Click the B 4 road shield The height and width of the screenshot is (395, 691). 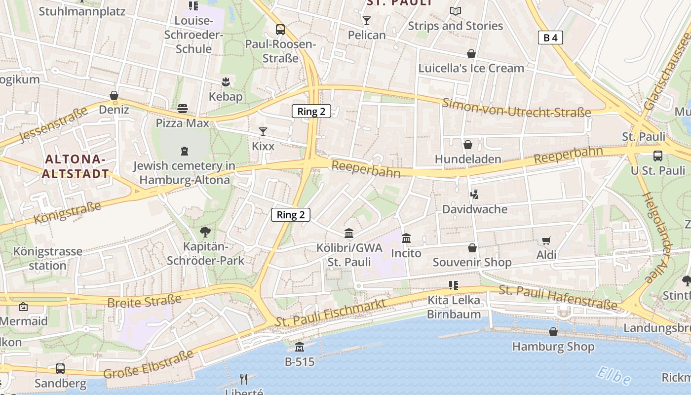pyautogui.click(x=550, y=38)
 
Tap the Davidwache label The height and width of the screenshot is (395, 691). pyautogui.click(x=474, y=209)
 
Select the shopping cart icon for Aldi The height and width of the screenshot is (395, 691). pyautogui.click(x=546, y=241)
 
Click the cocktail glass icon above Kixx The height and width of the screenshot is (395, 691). pyautogui.click(x=263, y=132)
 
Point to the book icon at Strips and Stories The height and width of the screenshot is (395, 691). pyautogui.click(x=455, y=11)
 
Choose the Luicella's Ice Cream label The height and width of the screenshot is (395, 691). pyautogui.click(x=471, y=68)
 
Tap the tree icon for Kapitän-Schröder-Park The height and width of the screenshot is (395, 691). pyautogui.click(x=205, y=232)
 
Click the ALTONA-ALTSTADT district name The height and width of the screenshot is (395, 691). pyautogui.click(x=76, y=166)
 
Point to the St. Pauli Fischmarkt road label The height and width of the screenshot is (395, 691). pyautogui.click(x=330, y=313)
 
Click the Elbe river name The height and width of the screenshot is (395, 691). pyautogui.click(x=613, y=376)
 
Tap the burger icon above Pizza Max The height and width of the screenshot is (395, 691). pyautogui.click(x=183, y=108)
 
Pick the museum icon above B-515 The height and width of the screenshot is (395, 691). pyautogui.click(x=300, y=347)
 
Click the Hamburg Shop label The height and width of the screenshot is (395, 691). pyautogui.click(x=553, y=347)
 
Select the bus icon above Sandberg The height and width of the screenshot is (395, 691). pyautogui.click(x=60, y=368)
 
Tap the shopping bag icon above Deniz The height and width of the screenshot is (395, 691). pyautogui.click(x=114, y=95)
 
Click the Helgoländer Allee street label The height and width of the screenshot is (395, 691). pyautogui.click(x=661, y=237)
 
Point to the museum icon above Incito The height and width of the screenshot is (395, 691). pyautogui.click(x=406, y=238)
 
